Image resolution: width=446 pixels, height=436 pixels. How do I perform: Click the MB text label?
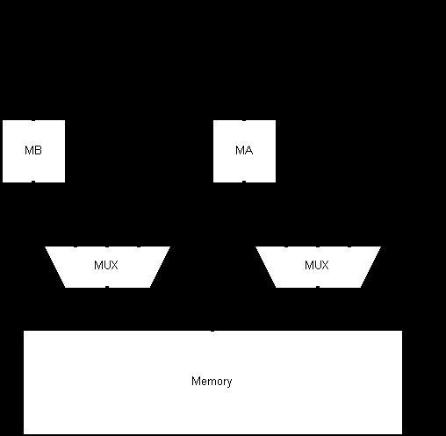coord(33,150)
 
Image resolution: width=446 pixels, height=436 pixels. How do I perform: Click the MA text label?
coord(244,150)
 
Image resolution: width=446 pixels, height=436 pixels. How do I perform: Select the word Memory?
coord(212,382)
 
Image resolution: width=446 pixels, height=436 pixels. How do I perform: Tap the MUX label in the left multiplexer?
coord(106,265)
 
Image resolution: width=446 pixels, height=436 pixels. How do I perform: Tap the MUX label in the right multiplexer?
coord(317,265)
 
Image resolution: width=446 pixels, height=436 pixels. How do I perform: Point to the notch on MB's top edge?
coord(33,120)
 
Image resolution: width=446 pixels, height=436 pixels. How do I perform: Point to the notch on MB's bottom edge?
coord(33,182)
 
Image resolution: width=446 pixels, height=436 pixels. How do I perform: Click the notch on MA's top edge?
coord(244,120)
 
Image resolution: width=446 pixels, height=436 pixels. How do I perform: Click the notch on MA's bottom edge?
coord(244,182)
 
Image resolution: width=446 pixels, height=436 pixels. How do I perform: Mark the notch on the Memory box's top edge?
coord(212,331)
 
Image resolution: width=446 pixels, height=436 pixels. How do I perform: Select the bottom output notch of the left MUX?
coord(107,287)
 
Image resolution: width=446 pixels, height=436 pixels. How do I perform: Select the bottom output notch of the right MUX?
coord(318,287)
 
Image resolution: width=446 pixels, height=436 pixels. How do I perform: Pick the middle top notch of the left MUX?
coord(107,247)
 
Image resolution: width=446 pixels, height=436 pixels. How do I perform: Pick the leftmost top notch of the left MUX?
coord(76,247)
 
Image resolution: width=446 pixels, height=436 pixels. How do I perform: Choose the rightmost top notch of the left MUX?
coord(139,247)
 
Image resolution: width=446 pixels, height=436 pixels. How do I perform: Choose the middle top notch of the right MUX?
coord(318,247)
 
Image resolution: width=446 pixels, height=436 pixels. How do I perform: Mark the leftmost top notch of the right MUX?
coord(286,247)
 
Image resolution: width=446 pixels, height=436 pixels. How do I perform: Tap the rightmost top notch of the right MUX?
coord(349,247)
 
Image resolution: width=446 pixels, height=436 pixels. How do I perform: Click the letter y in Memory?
coord(230,383)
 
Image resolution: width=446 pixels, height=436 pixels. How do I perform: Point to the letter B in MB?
coord(39,150)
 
